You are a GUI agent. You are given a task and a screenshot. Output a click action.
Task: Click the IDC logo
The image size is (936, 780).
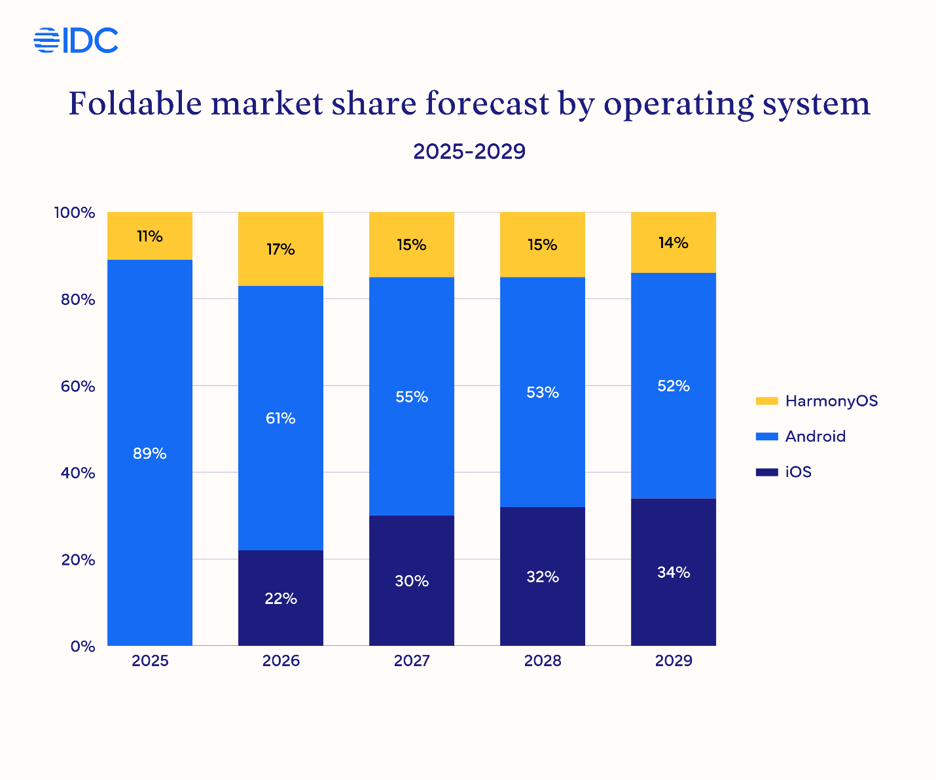click(76, 41)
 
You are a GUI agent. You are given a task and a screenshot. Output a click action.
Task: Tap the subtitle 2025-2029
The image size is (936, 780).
click(469, 152)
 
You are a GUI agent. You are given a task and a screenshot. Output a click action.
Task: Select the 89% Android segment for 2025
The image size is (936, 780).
click(150, 453)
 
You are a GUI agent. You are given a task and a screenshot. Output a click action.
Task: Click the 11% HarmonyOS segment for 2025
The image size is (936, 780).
click(150, 236)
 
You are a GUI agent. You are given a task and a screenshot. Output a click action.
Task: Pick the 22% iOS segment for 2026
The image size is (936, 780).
click(281, 598)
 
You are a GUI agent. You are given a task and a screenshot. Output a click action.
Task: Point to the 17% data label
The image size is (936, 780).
click(281, 249)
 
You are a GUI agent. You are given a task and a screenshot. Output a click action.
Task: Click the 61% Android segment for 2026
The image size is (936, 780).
click(281, 418)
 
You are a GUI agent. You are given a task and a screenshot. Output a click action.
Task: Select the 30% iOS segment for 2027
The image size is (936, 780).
click(412, 580)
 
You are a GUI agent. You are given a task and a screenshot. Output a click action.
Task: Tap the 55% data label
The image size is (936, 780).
click(412, 397)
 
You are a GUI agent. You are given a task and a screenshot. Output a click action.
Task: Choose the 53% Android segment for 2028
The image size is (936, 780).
click(543, 393)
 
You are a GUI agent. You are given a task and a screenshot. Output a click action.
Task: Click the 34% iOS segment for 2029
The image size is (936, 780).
click(674, 573)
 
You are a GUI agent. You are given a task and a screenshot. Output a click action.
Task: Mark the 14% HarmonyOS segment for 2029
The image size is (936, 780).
click(674, 243)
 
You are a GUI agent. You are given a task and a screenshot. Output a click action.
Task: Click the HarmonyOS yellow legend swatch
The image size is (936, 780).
click(766, 401)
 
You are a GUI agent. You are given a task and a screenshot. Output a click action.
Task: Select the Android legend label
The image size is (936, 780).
click(815, 436)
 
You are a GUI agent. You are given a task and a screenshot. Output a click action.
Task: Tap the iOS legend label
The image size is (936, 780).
click(798, 472)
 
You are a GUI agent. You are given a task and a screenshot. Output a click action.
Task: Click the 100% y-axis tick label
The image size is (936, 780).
click(75, 213)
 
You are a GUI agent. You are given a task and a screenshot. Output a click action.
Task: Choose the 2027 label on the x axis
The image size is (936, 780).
click(412, 661)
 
